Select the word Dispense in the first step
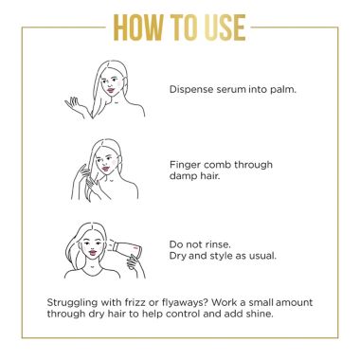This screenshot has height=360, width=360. pyautogui.click(x=191, y=90)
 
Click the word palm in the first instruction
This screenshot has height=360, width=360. pyautogui.click(x=279, y=90)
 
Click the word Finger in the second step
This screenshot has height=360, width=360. pyautogui.click(x=185, y=163)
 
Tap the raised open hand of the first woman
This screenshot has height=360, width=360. pyautogui.click(x=73, y=102)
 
